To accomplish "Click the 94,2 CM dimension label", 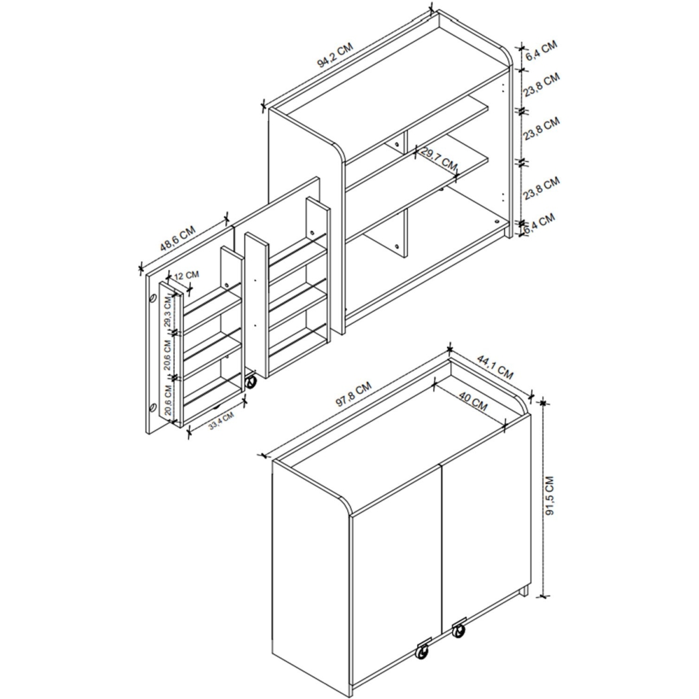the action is [335, 56].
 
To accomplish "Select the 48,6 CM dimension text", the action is [178, 238].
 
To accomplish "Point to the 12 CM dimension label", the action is [186, 275].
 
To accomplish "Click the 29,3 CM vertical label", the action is [167, 312].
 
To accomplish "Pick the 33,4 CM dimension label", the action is [221, 421].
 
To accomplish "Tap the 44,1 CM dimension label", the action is [495, 367].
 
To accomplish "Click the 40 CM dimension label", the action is [474, 401].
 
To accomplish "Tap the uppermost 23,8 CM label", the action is [542, 84].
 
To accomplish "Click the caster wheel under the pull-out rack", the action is [250, 382].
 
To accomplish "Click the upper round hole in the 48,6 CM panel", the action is [153, 299].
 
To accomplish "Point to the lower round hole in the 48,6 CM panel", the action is [153, 407].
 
